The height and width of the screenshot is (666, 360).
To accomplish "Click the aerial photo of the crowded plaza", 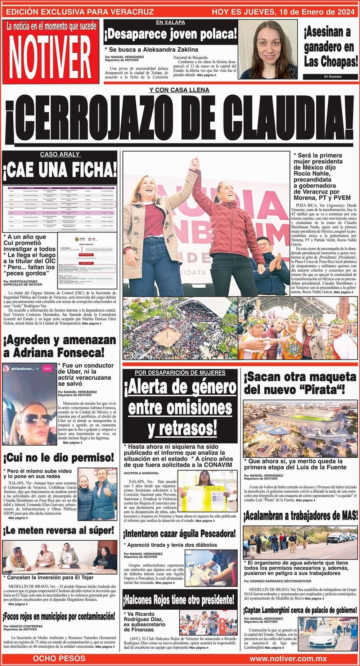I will coord(180,328).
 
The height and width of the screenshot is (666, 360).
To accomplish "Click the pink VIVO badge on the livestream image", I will coord(48,369).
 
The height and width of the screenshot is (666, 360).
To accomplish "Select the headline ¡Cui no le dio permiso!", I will coord(59,458).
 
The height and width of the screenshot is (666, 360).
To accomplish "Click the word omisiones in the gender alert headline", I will coord(180,408).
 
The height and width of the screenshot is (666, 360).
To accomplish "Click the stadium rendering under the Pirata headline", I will coord(300,427).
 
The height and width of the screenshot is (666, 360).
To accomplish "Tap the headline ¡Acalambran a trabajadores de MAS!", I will coord(301,516).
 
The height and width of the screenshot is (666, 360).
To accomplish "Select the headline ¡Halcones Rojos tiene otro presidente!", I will coord(180,600).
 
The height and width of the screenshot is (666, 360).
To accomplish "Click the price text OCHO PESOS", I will coord(59,658).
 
